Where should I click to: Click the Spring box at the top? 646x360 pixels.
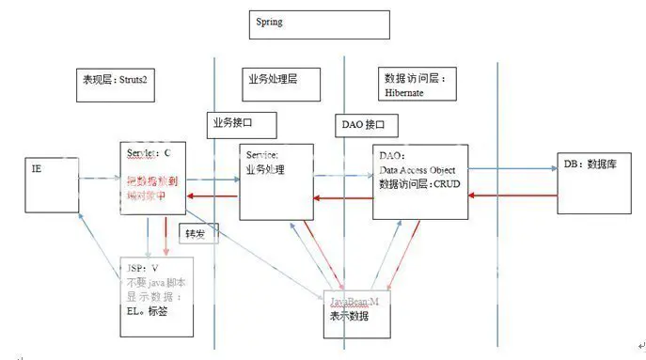click(x=320, y=24)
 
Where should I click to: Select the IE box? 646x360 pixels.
click(x=51, y=185)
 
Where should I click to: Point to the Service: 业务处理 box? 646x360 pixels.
click(x=276, y=180)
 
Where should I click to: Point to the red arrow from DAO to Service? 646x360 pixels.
click(x=342, y=197)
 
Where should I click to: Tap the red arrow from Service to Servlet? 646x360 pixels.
click(x=213, y=196)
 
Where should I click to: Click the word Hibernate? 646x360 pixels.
click(x=405, y=93)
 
